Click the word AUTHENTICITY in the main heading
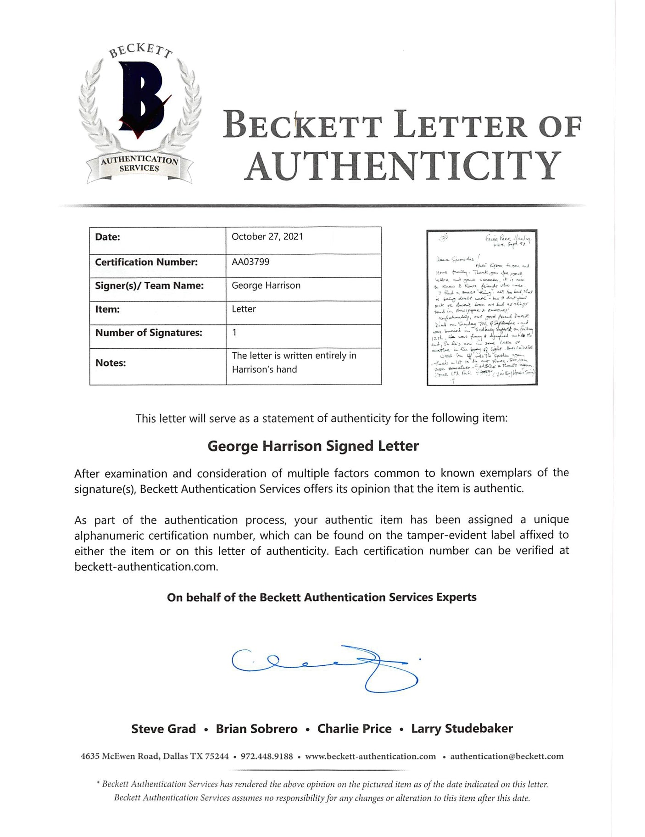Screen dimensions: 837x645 [402, 166]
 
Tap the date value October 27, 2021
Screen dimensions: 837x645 [267, 237]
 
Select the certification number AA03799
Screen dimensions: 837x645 [250, 262]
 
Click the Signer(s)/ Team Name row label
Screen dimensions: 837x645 [149, 285]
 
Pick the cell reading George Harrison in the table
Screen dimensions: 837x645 [266, 285]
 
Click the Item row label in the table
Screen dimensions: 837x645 [107, 309]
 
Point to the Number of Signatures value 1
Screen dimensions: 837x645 [234, 333]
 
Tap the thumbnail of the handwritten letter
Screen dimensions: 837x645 [482, 307]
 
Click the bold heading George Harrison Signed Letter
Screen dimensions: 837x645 [313, 446]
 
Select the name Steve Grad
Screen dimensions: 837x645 [163, 729]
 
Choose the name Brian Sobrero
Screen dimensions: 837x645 [256, 729]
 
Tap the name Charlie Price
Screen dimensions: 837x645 [354, 729]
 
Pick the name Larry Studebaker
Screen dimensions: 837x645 [462, 729]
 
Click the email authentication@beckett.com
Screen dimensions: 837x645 [506, 757]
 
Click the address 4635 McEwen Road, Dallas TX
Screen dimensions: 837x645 [155, 757]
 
